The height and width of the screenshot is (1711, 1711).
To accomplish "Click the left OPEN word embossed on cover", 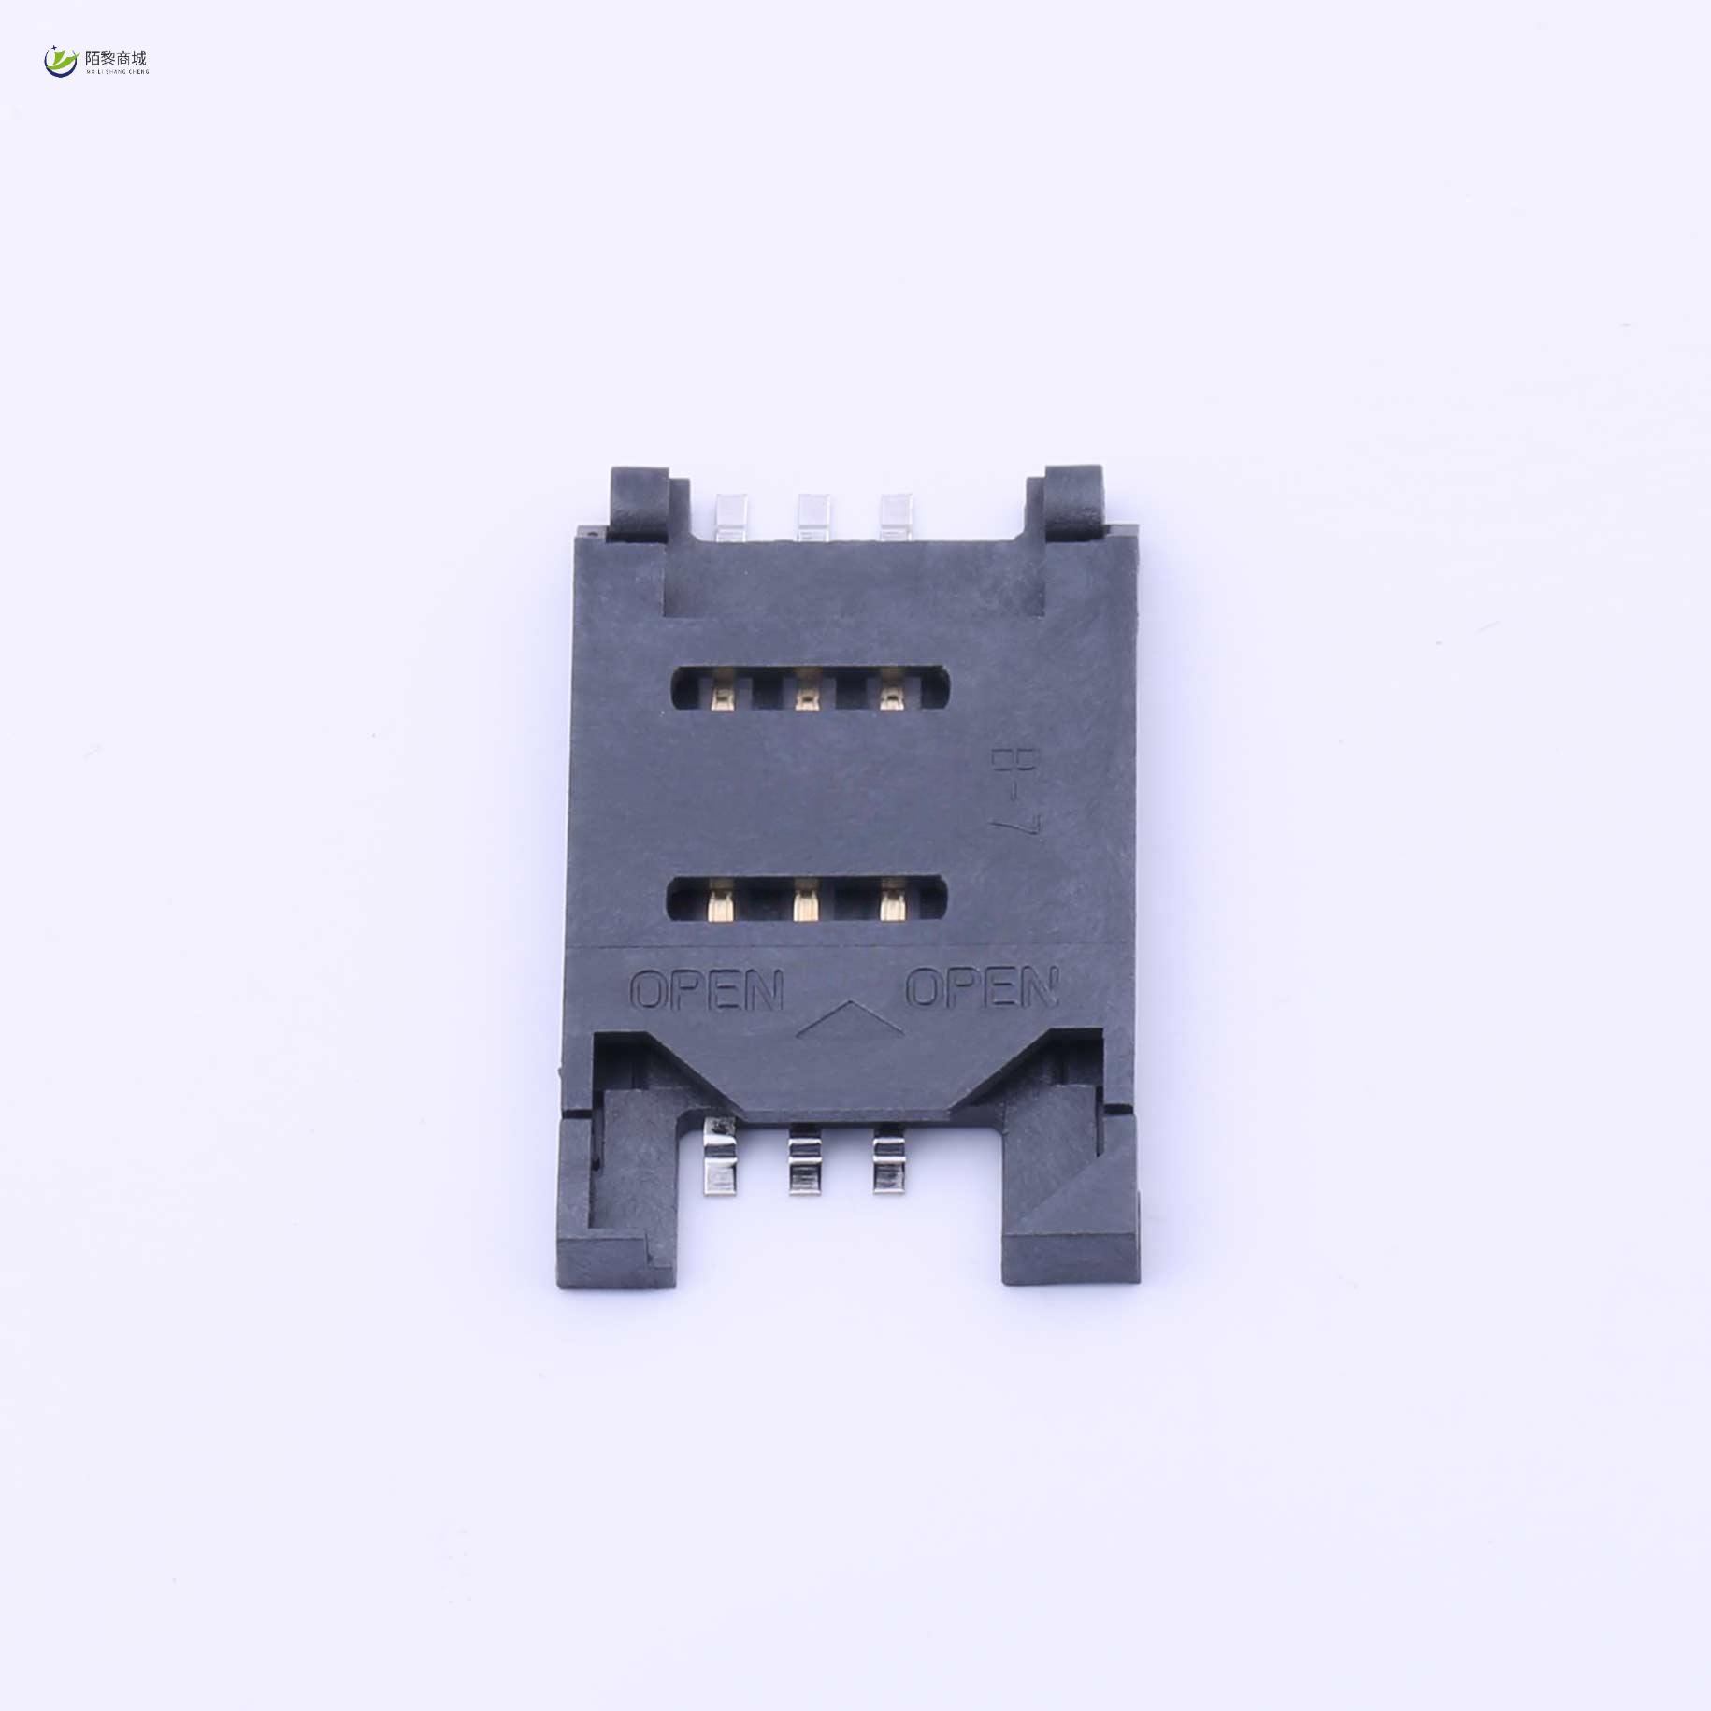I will point(707,990).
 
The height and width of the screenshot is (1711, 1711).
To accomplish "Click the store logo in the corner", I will point(96,61).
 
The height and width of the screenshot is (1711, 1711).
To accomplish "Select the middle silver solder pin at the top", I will point(811,516).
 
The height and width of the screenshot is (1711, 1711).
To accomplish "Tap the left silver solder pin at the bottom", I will point(719,1160).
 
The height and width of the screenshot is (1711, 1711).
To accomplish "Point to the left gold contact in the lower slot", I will point(720,904).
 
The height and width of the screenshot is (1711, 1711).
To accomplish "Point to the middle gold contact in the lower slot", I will point(804,904).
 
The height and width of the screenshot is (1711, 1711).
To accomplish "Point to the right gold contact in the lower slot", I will point(891,904).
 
